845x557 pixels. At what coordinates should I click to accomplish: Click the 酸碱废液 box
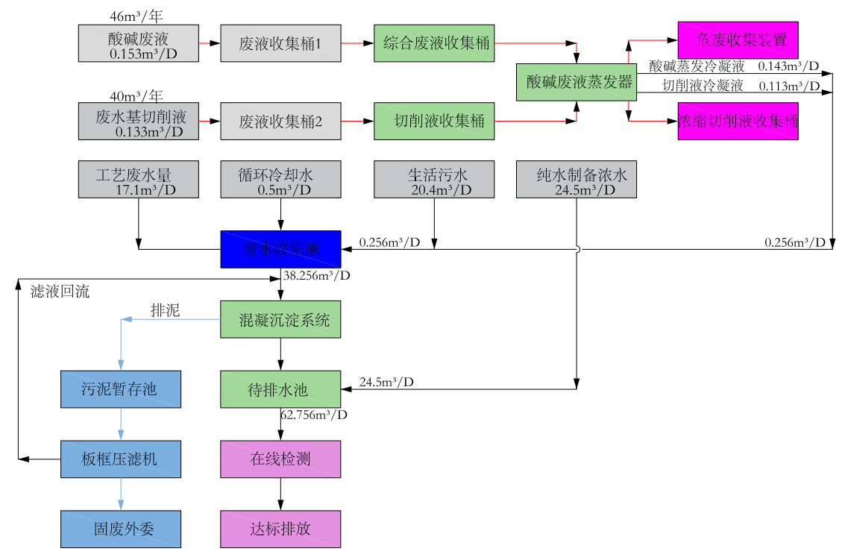[139, 43]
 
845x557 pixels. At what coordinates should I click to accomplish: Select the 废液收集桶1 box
[280, 43]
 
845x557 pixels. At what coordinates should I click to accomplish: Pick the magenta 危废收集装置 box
[738, 40]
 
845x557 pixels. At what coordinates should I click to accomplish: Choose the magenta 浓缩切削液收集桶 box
[738, 121]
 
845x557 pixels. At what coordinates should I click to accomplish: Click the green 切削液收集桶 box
[434, 121]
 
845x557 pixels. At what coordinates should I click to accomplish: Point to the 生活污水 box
[434, 179]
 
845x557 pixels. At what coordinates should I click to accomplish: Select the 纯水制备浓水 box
[577, 179]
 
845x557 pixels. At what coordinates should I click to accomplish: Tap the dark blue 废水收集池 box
[280, 249]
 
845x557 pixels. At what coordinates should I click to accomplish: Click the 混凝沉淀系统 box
[280, 320]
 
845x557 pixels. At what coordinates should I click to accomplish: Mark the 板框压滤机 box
[120, 459]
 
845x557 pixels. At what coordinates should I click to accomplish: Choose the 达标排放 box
[280, 529]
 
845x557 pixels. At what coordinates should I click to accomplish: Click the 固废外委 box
[120, 529]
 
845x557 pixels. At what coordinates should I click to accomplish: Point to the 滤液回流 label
[60, 292]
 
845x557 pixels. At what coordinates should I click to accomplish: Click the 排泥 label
[166, 310]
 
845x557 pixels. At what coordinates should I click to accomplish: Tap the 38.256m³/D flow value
[316, 275]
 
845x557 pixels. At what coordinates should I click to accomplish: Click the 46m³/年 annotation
[135, 15]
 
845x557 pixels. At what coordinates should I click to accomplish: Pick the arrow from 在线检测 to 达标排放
[280, 494]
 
